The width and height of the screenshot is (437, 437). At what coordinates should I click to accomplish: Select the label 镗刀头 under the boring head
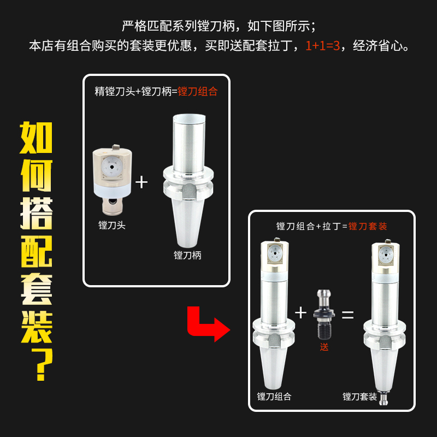coord(112,225)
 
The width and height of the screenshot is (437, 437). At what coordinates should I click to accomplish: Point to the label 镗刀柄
coord(187,255)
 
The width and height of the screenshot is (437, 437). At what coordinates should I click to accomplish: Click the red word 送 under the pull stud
coord(324,347)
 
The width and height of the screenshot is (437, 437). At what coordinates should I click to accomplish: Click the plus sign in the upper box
coord(141,182)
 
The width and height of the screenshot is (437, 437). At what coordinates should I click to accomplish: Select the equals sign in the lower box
coord(348,315)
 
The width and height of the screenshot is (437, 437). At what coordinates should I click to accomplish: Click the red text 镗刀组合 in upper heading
coord(197,91)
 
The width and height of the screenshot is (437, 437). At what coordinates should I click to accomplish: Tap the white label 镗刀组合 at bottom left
coord(274,397)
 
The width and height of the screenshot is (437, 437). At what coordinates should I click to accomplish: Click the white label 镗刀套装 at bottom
coord(359,397)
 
